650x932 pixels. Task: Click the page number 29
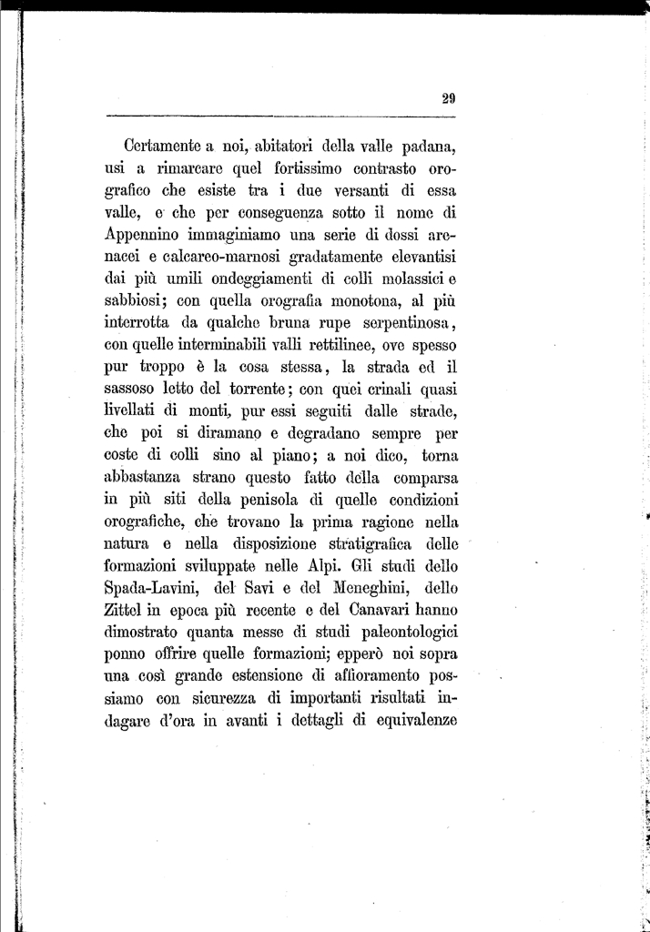pos(448,101)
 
